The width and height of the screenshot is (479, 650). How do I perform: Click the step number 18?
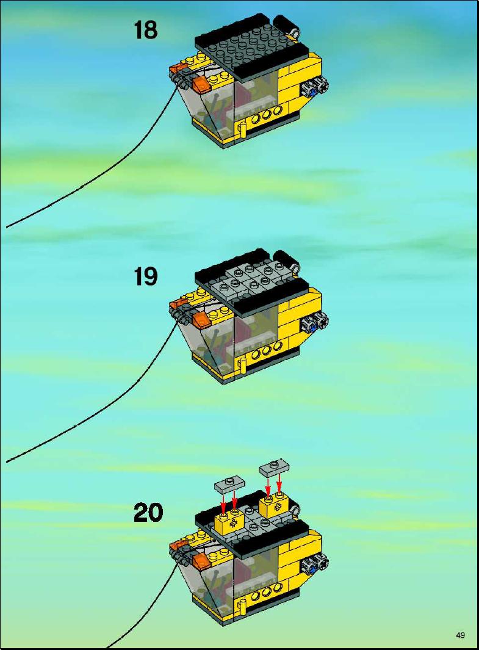[145, 30]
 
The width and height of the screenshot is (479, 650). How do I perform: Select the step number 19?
[145, 276]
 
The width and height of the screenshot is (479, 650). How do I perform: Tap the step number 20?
[148, 513]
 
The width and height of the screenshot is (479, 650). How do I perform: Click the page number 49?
[460, 635]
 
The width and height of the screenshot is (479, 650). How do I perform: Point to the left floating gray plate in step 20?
[229, 483]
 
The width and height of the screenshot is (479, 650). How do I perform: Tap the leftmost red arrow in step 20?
[223, 502]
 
